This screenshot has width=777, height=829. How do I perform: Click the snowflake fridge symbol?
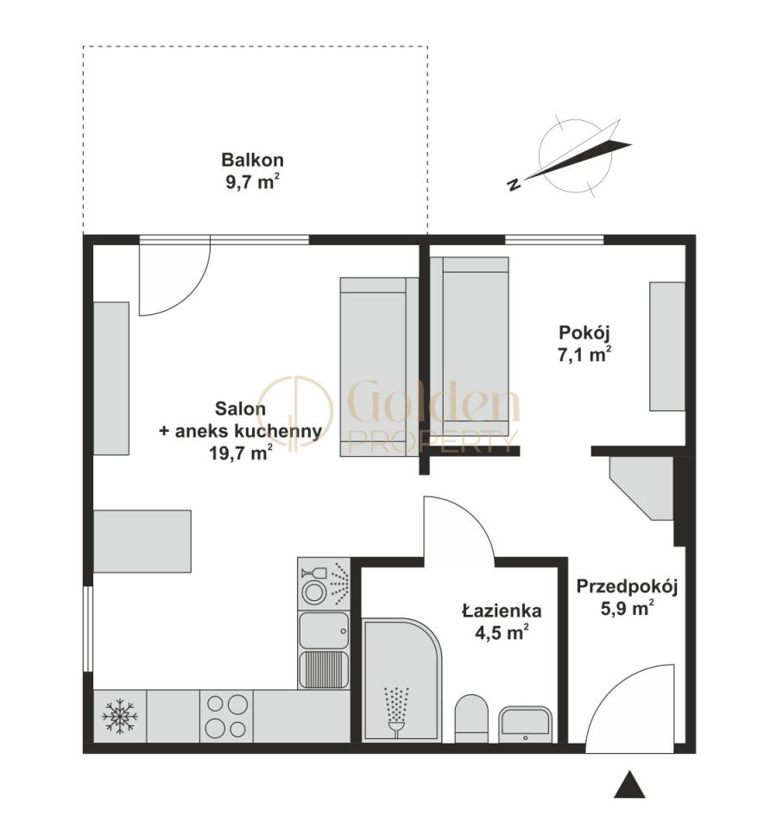(x=120, y=716)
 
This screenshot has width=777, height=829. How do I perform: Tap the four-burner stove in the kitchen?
(x=227, y=717)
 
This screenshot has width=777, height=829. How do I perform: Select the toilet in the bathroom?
(x=471, y=718)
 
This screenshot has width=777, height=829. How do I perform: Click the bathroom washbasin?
(x=526, y=725)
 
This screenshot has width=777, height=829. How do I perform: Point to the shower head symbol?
(x=396, y=712)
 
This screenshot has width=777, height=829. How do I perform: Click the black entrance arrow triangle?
(x=629, y=784)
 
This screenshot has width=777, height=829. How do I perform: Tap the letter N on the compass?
(x=513, y=184)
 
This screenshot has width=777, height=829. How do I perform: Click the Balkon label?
(x=252, y=160)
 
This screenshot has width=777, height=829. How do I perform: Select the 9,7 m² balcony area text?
(x=252, y=182)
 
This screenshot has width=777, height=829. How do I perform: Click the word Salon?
(x=241, y=408)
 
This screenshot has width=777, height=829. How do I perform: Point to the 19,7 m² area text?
(x=241, y=452)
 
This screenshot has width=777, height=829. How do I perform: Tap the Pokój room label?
(x=584, y=333)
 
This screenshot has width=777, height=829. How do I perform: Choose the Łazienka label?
(x=502, y=611)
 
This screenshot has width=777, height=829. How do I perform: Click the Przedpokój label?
(x=627, y=587)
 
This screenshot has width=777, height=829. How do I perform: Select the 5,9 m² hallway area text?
(x=627, y=609)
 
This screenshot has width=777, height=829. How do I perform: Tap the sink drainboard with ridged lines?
(x=324, y=669)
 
